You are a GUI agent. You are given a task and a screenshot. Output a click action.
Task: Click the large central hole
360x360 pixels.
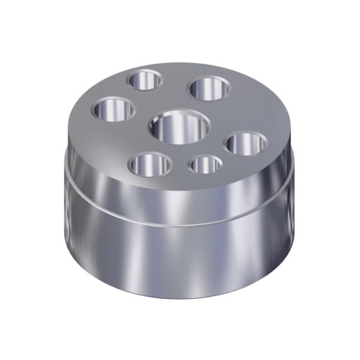tap(180, 127)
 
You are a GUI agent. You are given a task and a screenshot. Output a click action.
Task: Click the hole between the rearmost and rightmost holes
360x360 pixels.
tap(208, 89)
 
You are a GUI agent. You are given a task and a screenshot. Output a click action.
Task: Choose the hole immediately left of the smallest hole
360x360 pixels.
tap(150, 165)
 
